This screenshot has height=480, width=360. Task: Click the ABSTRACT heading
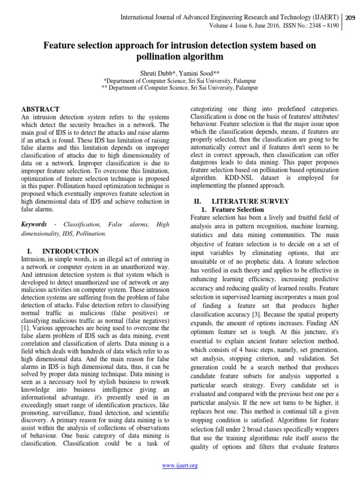pos(40,109)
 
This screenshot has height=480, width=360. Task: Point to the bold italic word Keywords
pos(34,225)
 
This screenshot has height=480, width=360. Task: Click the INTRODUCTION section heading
pos(70,251)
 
